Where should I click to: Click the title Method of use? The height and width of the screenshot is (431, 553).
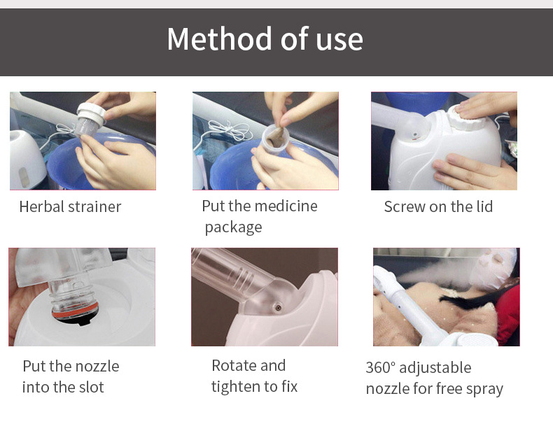coord(265,39)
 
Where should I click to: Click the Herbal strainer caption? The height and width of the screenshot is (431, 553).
coord(70,206)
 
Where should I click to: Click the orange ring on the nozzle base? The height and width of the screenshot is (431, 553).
coord(75,311)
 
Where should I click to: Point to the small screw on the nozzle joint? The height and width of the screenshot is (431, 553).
coord(278,308)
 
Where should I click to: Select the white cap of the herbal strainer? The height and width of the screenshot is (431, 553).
coord(91,113)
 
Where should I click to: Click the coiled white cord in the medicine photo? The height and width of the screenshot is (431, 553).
coord(229,131)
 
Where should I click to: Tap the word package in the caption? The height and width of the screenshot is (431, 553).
coord(234,227)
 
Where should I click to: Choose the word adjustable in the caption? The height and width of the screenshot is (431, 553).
coord(435,368)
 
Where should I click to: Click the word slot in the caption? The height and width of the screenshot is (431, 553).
coord(91,387)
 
